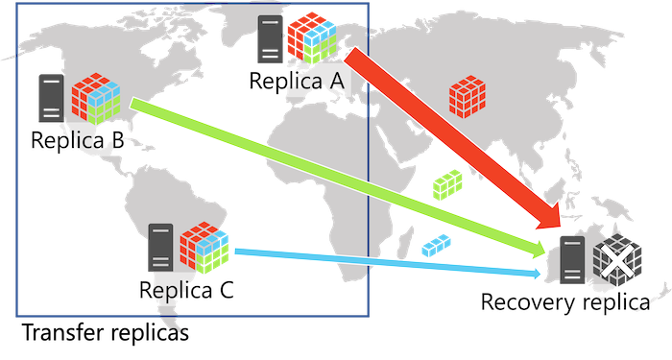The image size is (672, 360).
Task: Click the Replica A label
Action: tap(296, 81)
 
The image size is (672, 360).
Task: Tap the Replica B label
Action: tap(77, 141)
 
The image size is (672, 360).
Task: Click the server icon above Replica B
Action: tap(50, 98)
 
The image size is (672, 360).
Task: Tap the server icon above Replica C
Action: tap(159, 248)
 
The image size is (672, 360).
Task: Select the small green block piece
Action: tap(446, 182)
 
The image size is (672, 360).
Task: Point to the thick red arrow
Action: tap(451, 144)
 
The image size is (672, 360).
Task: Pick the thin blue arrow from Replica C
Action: tap(384, 261)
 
